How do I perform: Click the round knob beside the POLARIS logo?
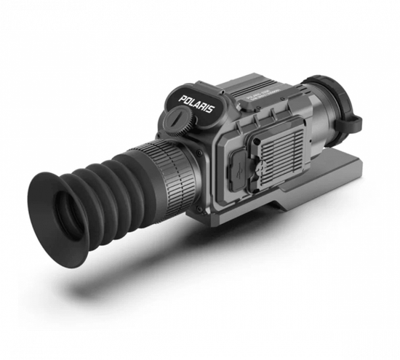click(177, 121)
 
